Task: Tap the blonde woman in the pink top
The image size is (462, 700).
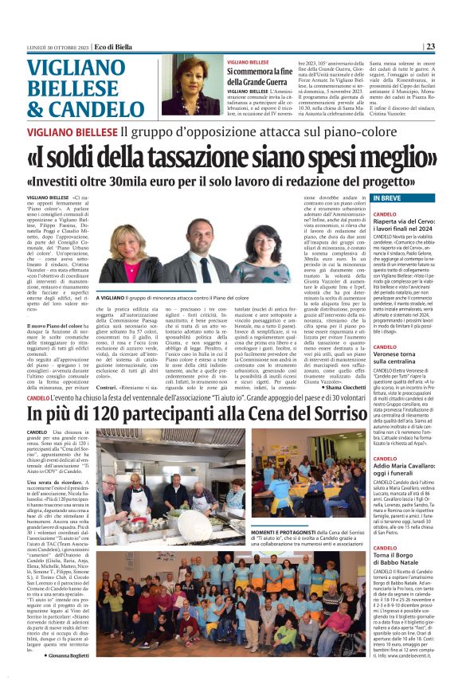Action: coord(127,256)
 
